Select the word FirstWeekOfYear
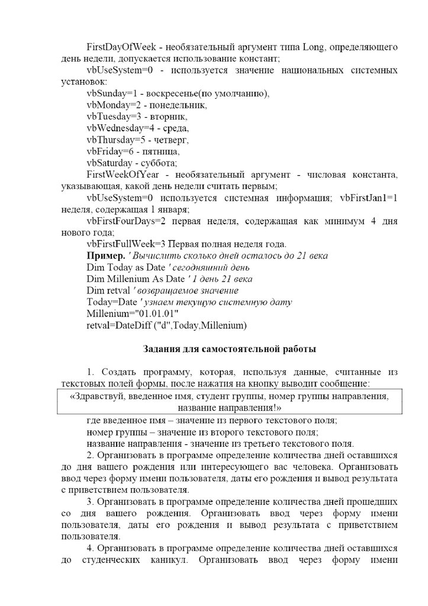pyautogui.click(x=120, y=175)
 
